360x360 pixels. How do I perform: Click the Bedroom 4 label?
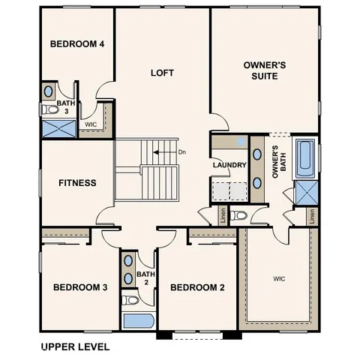(76, 43)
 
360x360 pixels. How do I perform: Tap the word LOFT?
(162, 73)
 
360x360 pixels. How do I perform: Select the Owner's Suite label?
(265, 70)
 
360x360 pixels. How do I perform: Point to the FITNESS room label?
(77, 182)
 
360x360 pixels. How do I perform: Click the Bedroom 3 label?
(80, 287)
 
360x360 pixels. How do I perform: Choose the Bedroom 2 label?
(197, 287)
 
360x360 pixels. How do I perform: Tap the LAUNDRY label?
(229, 165)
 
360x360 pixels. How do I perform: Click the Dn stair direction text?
(181, 152)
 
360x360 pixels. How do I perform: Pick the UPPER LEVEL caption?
(74, 347)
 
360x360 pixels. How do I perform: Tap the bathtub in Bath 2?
(137, 322)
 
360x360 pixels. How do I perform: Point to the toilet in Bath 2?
(130, 301)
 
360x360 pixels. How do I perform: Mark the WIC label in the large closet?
(278, 278)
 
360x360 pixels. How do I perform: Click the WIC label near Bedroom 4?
(91, 124)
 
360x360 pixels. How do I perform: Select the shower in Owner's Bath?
(306, 193)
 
